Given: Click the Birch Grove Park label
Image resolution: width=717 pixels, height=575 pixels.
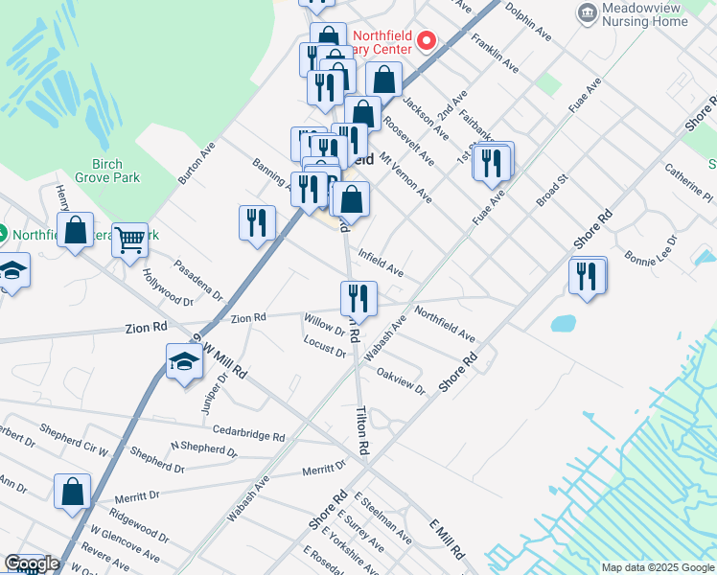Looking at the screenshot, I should tap(116, 171).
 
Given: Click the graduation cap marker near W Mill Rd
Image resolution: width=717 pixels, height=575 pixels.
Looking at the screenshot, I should tap(184, 362).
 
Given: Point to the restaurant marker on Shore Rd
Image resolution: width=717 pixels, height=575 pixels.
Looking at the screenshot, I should tap(587, 276).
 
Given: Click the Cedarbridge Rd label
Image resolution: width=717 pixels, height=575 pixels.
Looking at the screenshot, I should tap(249, 432).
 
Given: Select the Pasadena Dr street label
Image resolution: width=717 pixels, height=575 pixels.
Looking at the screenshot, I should tap(197, 279).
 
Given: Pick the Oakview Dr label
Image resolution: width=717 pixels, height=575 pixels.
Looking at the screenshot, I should tap(401, 379).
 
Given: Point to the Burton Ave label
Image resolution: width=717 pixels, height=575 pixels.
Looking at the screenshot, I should tap(197, 164).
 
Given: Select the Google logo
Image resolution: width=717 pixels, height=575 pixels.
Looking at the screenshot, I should tap(32, 563).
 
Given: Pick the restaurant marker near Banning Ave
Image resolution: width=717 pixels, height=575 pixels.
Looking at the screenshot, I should tap(256, 222).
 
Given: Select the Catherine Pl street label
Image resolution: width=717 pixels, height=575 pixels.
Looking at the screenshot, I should tap(688, 182).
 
